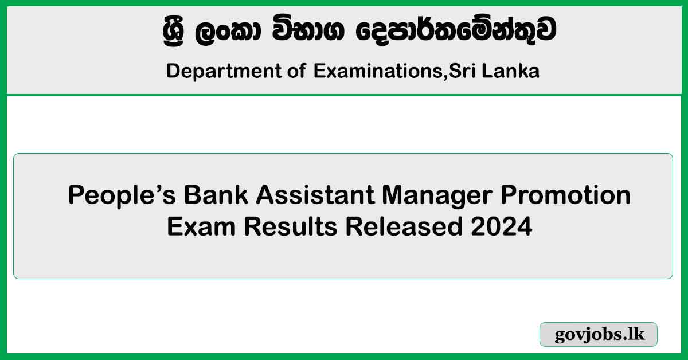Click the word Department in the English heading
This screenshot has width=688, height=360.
[x=224, y=71]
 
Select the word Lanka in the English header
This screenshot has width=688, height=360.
[x=510, y=71]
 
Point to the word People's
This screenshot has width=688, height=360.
[x=122, y=195]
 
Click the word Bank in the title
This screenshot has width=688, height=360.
[x=216, y=195]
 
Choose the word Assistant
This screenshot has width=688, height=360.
[x=315, y=195]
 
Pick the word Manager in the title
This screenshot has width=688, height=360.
[x=437, y=196]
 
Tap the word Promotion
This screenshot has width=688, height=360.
[x=566, y=195]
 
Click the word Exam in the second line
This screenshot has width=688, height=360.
[x=201, y=226]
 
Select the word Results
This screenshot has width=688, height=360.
[x=291, y=226]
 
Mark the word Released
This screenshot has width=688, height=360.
[x=404, y=226]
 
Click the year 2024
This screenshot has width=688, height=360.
[x=501, y=226]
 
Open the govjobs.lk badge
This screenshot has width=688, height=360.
[x=599, y=334]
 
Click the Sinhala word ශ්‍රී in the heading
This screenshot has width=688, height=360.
[x=174, y=31]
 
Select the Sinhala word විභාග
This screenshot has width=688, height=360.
[x=308, y=30]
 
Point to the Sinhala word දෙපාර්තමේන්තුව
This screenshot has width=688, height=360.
[x=456, y=30]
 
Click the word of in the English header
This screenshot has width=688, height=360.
[x=297, y=71]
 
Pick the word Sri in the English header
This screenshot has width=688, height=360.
[x=463, y=71]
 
